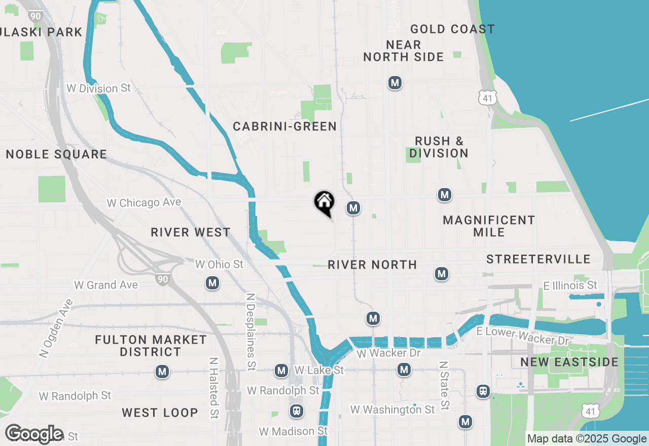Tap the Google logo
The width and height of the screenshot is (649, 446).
(34, 434)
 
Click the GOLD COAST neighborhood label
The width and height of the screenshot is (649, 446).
(452, 29)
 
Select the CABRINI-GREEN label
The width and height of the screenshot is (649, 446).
(284, 127)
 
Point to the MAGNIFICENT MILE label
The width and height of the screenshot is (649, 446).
(489, 226)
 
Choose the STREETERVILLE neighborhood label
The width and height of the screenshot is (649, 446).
(538, 259)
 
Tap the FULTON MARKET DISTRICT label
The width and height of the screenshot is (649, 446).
(151, 346)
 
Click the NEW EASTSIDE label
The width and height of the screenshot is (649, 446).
(569, 362)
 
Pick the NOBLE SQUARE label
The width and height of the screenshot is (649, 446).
(56, 155)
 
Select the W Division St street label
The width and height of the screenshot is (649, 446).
(98, 88)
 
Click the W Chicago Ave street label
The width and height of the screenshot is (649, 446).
(143, 203)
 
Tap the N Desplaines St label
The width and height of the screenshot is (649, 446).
(250, 331)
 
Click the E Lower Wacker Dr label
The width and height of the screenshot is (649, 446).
(522, 335)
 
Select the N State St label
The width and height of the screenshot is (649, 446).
(444, 385)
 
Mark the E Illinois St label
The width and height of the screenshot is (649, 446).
(570, 286)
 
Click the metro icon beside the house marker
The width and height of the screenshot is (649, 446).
(353, 208)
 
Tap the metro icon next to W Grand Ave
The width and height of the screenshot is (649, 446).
(212, 283)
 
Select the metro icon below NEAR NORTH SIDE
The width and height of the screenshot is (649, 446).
(395, 83)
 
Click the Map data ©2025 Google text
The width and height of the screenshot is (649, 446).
(587, 439)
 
